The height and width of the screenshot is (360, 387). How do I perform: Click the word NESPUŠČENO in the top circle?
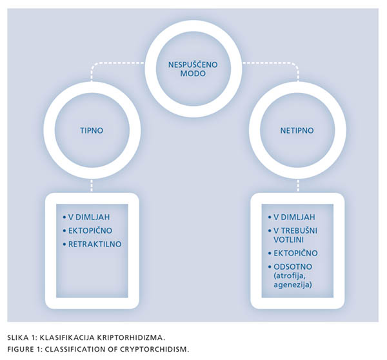(x=193, y=65)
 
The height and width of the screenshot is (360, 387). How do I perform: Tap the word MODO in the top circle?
(x=193, y=74)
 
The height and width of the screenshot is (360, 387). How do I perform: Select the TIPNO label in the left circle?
(x=92, y=130)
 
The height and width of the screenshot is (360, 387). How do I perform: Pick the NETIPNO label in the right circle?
(x=297, y=130)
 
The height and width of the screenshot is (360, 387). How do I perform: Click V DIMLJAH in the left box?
(x=89, y=217)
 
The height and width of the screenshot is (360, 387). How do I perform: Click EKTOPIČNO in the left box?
(x=90, y=230)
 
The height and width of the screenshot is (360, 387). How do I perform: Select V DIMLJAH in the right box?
(x=294, y=217)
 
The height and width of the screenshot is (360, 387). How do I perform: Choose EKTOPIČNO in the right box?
(x=295, y=253)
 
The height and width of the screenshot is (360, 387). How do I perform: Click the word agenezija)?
(x=293, y=285)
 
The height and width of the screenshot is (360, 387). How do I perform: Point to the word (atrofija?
(x=288, y=275)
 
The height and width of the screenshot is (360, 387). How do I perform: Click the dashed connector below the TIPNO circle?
(x=92, y=186)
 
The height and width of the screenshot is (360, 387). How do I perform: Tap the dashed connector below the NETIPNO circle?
(x=297, y=186)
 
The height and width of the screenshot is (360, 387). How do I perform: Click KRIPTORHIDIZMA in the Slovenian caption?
(x=130, y=337)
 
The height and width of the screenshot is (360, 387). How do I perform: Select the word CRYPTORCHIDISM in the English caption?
(x=155, y=350)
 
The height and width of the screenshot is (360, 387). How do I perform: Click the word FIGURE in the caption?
(x=21, y=350)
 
